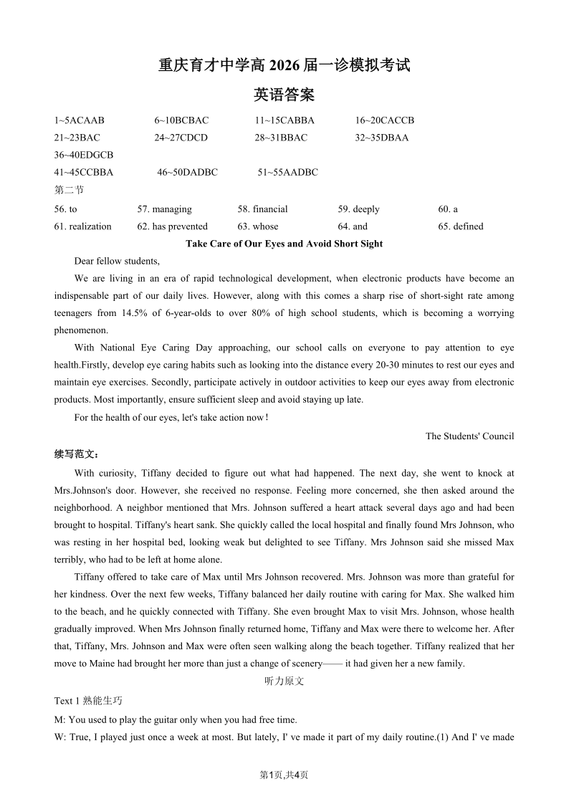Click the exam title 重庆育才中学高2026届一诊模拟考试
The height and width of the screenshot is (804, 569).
click(284, 65)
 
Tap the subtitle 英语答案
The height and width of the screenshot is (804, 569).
click(284, 95)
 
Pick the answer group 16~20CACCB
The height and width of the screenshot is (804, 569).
click(385, 120)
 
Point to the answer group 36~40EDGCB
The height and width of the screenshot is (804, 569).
click(83, 155)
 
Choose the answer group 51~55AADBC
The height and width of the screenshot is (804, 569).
click(287, 172)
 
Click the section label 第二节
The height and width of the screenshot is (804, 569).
click(69, 190)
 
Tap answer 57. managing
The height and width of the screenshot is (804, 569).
click(164, 209)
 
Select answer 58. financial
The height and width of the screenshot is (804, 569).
click(262, 209)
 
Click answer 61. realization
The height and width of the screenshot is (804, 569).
click(82, 226)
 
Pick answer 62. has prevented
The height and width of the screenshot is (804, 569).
click(172, 226)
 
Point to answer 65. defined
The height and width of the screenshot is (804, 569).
click(461, 226)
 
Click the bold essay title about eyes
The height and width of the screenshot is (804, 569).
click(284, 244)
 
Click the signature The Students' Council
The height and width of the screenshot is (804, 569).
click(469, 436)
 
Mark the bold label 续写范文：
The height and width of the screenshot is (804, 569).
click(77, 454)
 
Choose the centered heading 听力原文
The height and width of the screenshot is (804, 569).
click(284, 681)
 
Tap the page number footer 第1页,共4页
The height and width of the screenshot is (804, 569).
click(284, 775)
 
